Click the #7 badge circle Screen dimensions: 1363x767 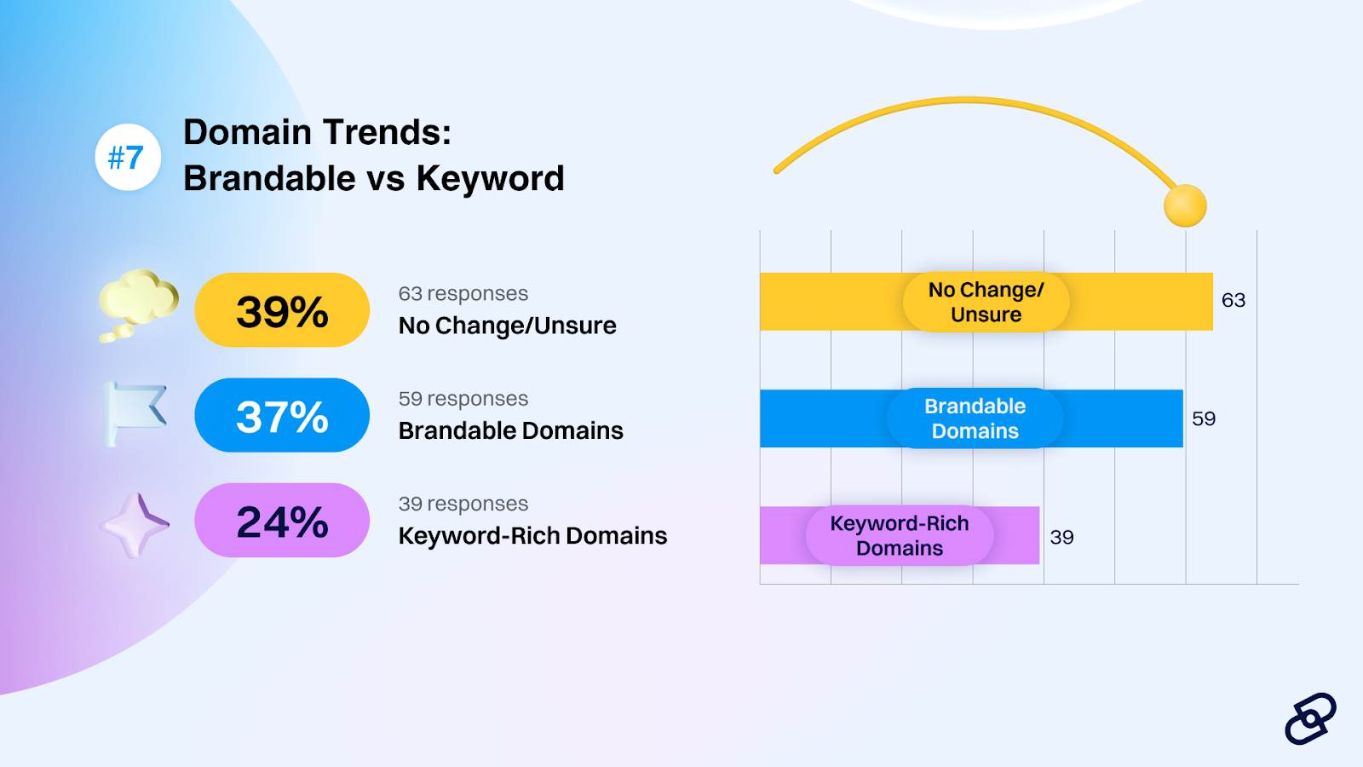[128, 157]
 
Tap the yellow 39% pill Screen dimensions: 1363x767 [282, 310]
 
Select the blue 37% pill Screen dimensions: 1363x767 [282, 415]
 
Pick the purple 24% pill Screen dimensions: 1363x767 [282, 521]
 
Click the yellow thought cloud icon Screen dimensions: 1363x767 [138, 304]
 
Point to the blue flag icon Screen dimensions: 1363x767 [135, 414]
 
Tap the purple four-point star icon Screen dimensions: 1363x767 [135, 525]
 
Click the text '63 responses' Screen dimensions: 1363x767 [463, 293]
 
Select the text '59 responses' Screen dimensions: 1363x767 [463, 399]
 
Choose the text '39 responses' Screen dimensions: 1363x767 [463, 504]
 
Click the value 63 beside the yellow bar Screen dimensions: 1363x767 [1234, 300]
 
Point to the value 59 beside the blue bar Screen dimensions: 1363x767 [1204, 418]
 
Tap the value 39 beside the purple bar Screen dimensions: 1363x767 [1061, 537]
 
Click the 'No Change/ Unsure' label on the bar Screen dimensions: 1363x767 [986, 302]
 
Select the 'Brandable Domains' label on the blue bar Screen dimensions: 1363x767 [975, 418]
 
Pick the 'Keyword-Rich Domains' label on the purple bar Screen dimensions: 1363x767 [900, 536]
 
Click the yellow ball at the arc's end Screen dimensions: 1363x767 [1185, 205]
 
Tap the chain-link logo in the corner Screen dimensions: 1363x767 [1310, 719]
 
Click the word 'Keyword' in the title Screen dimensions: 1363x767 [490, 179]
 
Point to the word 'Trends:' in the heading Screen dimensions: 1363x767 [387, 132]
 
